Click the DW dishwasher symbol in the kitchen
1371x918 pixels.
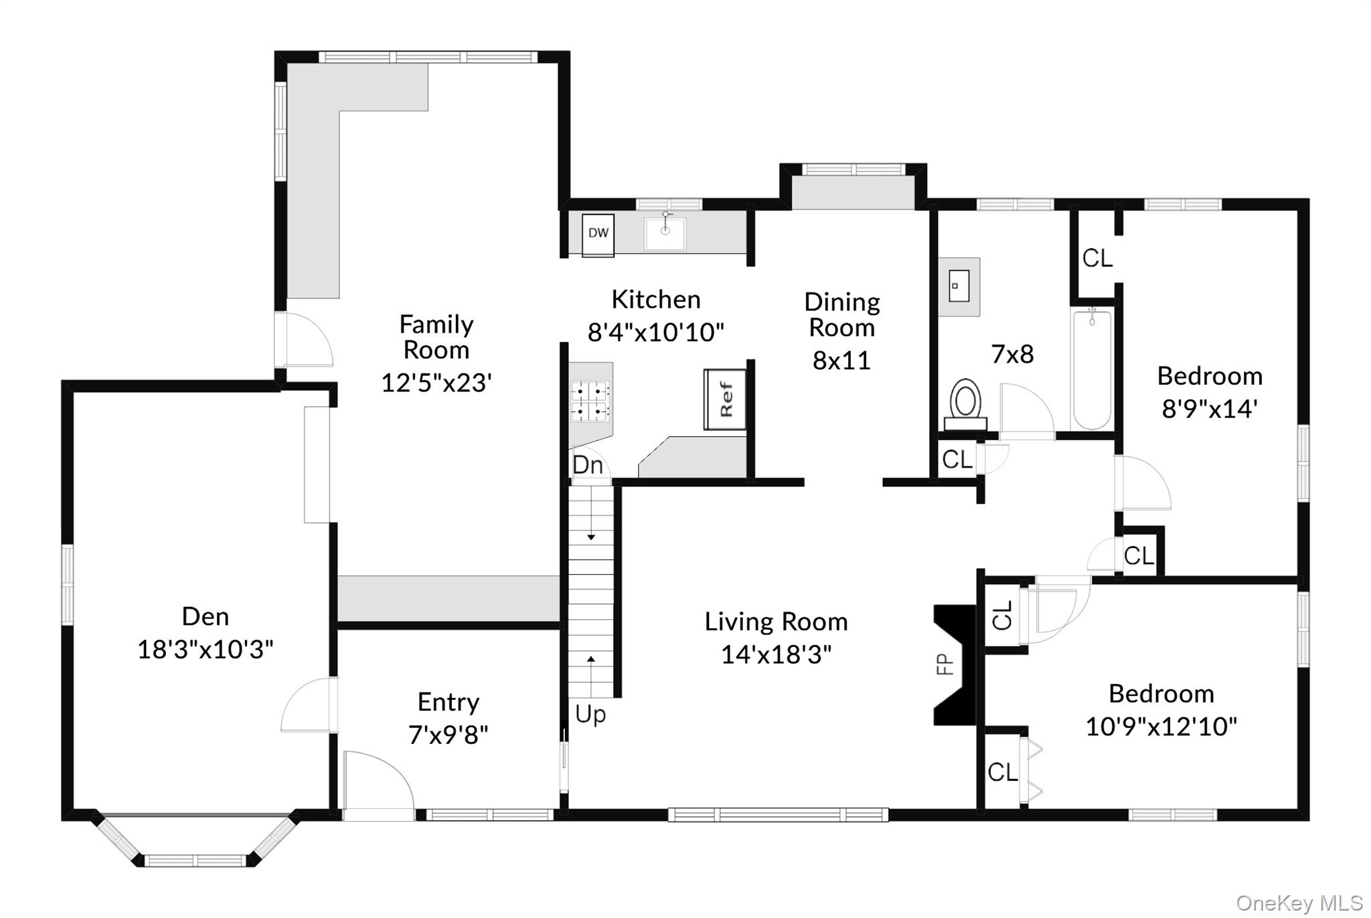598,234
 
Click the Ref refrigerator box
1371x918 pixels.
725,399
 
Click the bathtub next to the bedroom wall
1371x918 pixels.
1092,370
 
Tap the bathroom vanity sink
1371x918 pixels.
959,287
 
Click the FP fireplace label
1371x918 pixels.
945,664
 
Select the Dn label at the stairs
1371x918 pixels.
588,464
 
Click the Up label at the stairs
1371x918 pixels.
590,714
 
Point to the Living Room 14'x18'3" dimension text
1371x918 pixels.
776,654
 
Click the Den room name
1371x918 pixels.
206,616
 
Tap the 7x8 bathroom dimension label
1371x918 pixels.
1012,354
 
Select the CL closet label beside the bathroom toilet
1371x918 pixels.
957,460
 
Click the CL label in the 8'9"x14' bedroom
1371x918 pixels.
1097,258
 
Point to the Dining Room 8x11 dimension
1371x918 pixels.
841,360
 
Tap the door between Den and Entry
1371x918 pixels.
308,705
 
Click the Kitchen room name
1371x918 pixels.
656,300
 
